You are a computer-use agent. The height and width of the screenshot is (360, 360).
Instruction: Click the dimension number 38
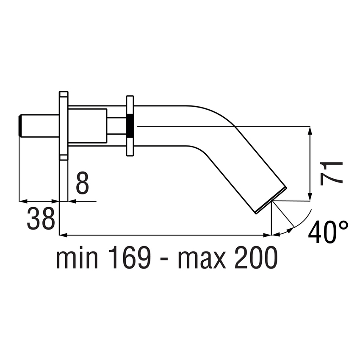point(41,219)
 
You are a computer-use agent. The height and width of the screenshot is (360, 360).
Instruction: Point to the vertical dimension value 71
point(331,173)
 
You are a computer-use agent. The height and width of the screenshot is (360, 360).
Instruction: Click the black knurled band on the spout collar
point(130,126)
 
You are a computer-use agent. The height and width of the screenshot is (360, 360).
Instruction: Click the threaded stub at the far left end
point(20,126)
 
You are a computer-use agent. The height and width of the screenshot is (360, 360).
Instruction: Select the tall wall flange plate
point(63,126)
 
